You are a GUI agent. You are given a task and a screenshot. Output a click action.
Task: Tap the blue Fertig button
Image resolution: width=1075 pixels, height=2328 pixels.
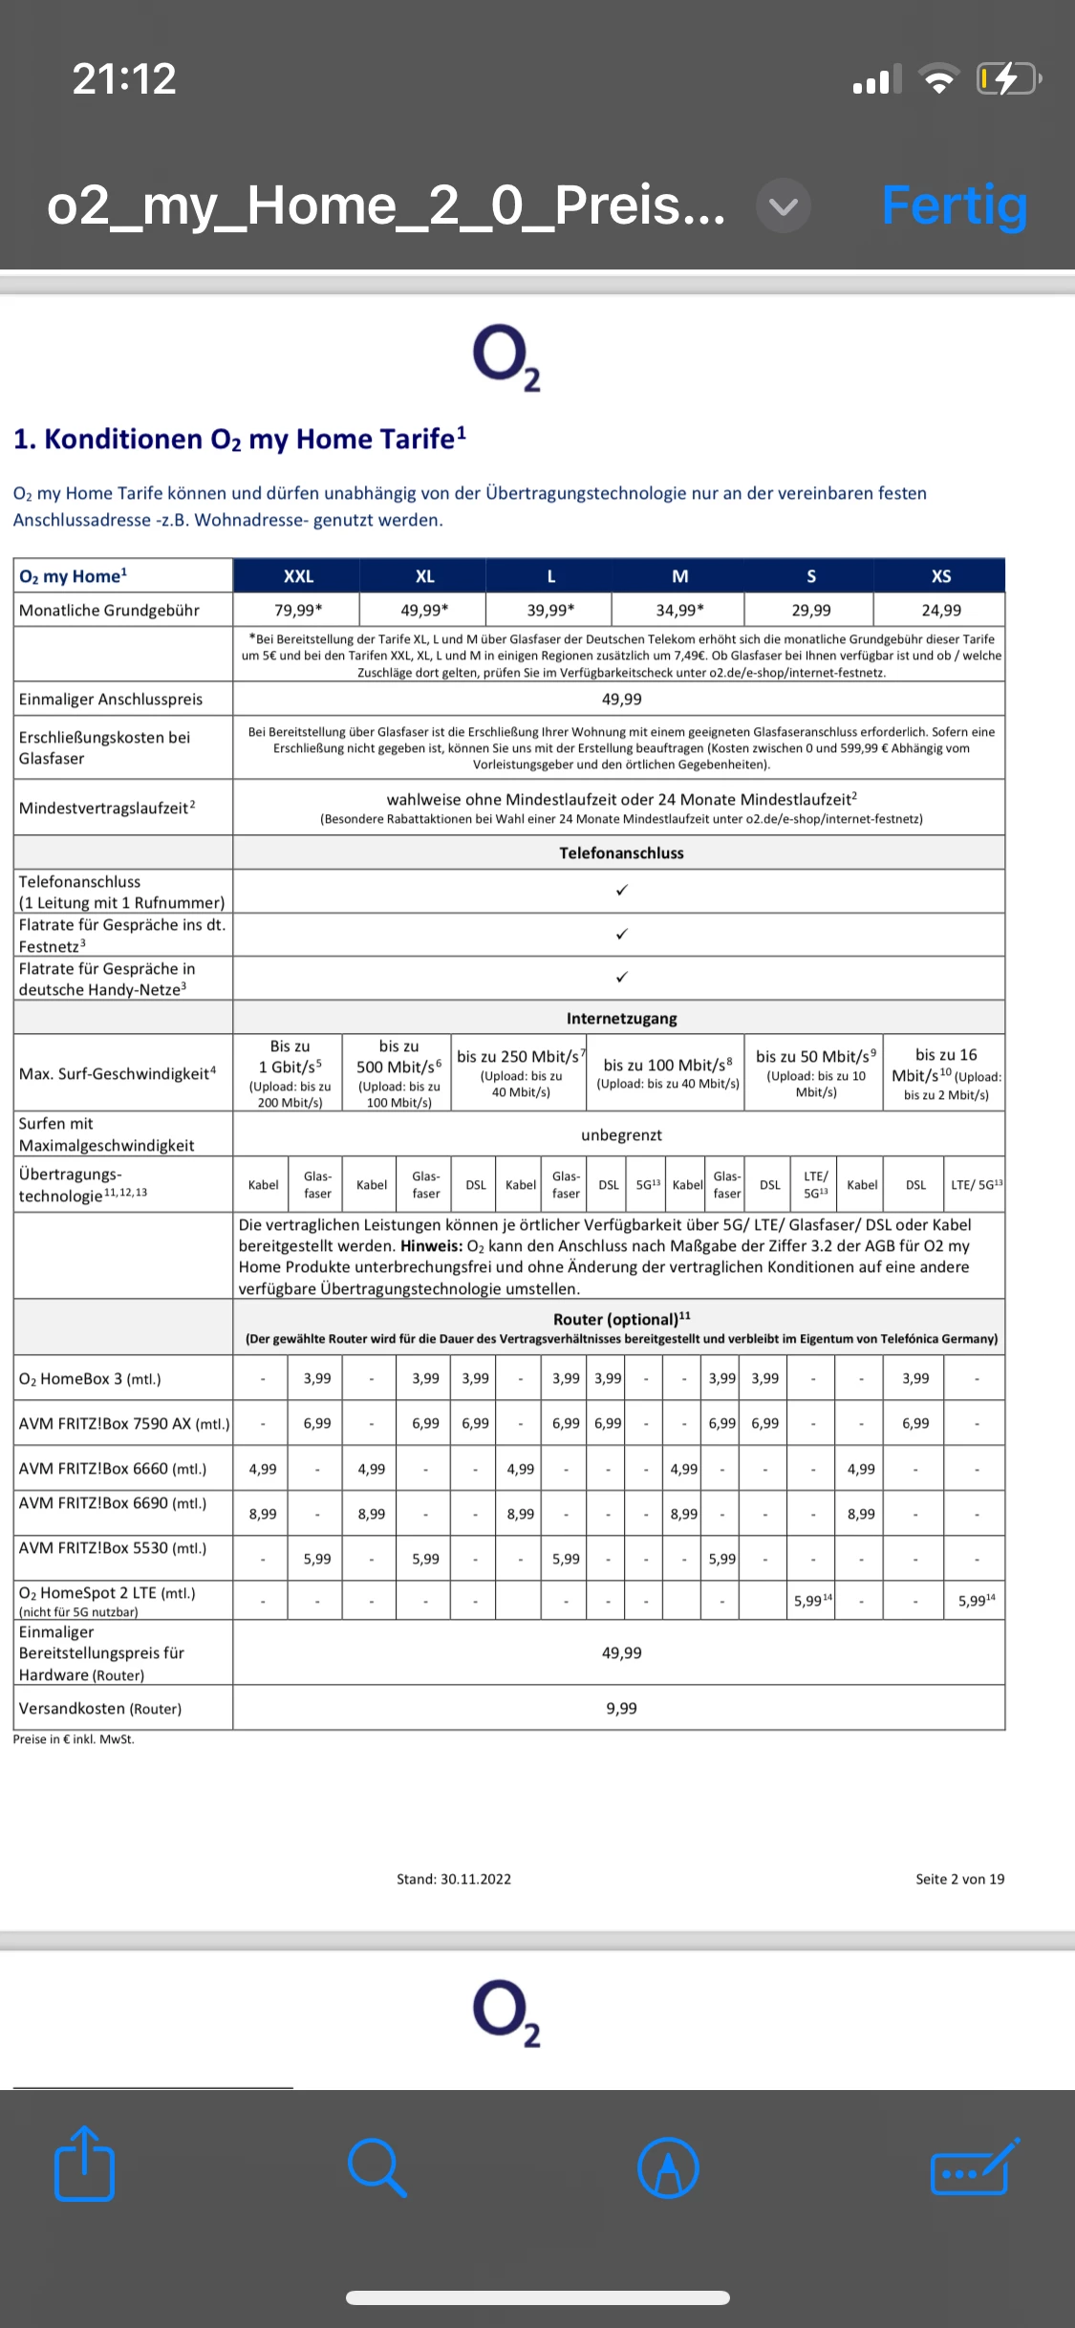[954, 205]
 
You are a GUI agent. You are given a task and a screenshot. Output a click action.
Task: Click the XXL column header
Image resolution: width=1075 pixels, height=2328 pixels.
[298, 576]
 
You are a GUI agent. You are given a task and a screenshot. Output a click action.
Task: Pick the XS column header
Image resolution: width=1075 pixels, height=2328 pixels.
[940, 576]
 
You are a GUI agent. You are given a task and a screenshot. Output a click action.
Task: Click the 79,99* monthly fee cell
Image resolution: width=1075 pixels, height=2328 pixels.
[298, 610]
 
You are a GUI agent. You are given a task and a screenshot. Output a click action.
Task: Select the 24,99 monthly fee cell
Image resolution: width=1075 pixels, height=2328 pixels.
[940, 610]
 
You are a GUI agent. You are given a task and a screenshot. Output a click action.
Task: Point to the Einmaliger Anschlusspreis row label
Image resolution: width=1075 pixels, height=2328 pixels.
[111, 699]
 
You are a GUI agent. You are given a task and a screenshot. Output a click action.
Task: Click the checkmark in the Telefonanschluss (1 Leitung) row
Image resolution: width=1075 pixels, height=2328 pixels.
[621, 891]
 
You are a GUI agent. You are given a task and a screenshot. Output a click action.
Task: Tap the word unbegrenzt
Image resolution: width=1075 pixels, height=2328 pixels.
[621, 1134]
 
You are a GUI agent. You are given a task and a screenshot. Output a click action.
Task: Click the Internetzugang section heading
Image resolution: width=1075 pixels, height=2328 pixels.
[621, 1019]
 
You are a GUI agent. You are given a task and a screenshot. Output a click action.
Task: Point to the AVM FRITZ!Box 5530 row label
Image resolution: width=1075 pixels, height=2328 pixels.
[113, 1547]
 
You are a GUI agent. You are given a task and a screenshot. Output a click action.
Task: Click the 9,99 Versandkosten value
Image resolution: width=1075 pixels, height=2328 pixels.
[621, 1708]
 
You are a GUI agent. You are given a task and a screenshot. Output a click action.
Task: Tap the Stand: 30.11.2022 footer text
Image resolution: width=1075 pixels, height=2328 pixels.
[454, 1879]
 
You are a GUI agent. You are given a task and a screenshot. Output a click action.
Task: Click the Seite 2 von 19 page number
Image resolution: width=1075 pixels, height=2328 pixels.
[959, 1879]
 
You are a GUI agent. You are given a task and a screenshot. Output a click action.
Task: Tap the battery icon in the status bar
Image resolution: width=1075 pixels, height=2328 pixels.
[1007, 78]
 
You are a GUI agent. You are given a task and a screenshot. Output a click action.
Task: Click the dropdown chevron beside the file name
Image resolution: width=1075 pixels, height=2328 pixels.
[784, 205]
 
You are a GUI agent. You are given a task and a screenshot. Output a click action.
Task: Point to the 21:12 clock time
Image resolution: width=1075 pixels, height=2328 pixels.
[124, 78]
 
